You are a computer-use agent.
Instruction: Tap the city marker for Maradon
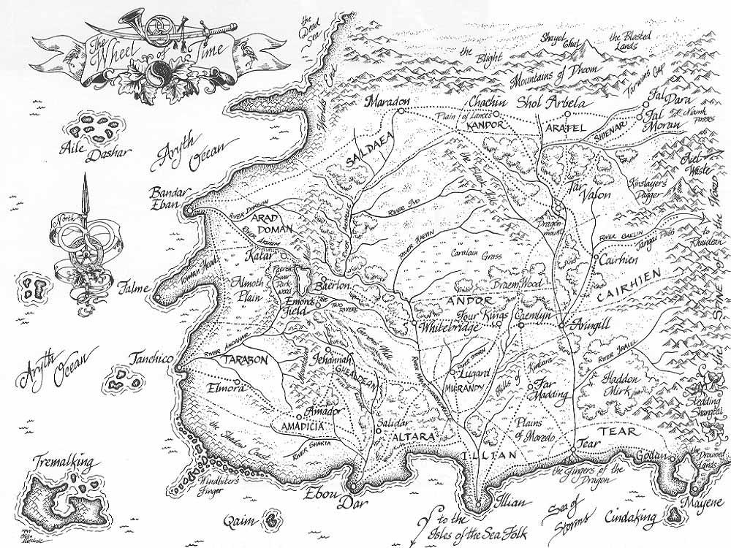pos(401,111)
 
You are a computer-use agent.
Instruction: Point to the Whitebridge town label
pos(450,327)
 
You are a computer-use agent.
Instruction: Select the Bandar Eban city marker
pos(189,210)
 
